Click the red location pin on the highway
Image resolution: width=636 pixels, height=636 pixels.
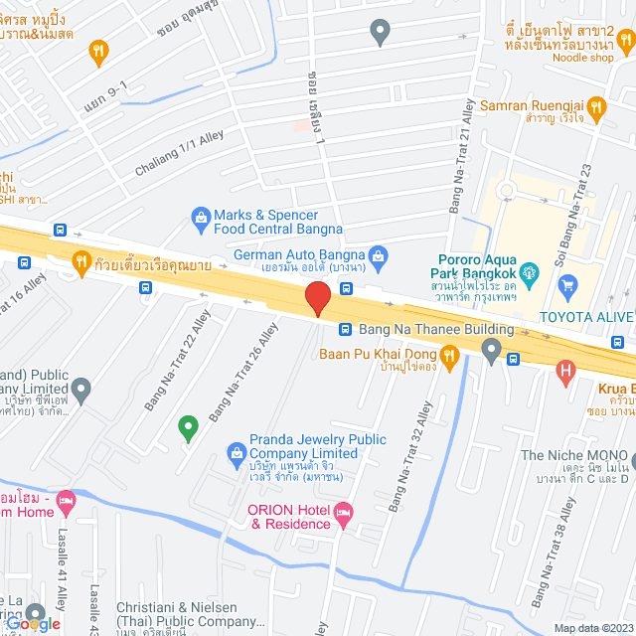317,297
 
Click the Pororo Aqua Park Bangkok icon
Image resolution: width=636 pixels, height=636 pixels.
530,270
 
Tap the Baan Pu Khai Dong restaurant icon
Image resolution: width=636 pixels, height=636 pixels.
449,354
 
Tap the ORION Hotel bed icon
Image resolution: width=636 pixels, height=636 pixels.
344,514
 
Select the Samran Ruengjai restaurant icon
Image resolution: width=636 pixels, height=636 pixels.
595,105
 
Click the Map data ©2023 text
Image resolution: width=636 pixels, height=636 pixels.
592,627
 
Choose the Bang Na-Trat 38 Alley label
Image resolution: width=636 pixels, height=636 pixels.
553,553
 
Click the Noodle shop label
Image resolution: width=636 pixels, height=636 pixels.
581,58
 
